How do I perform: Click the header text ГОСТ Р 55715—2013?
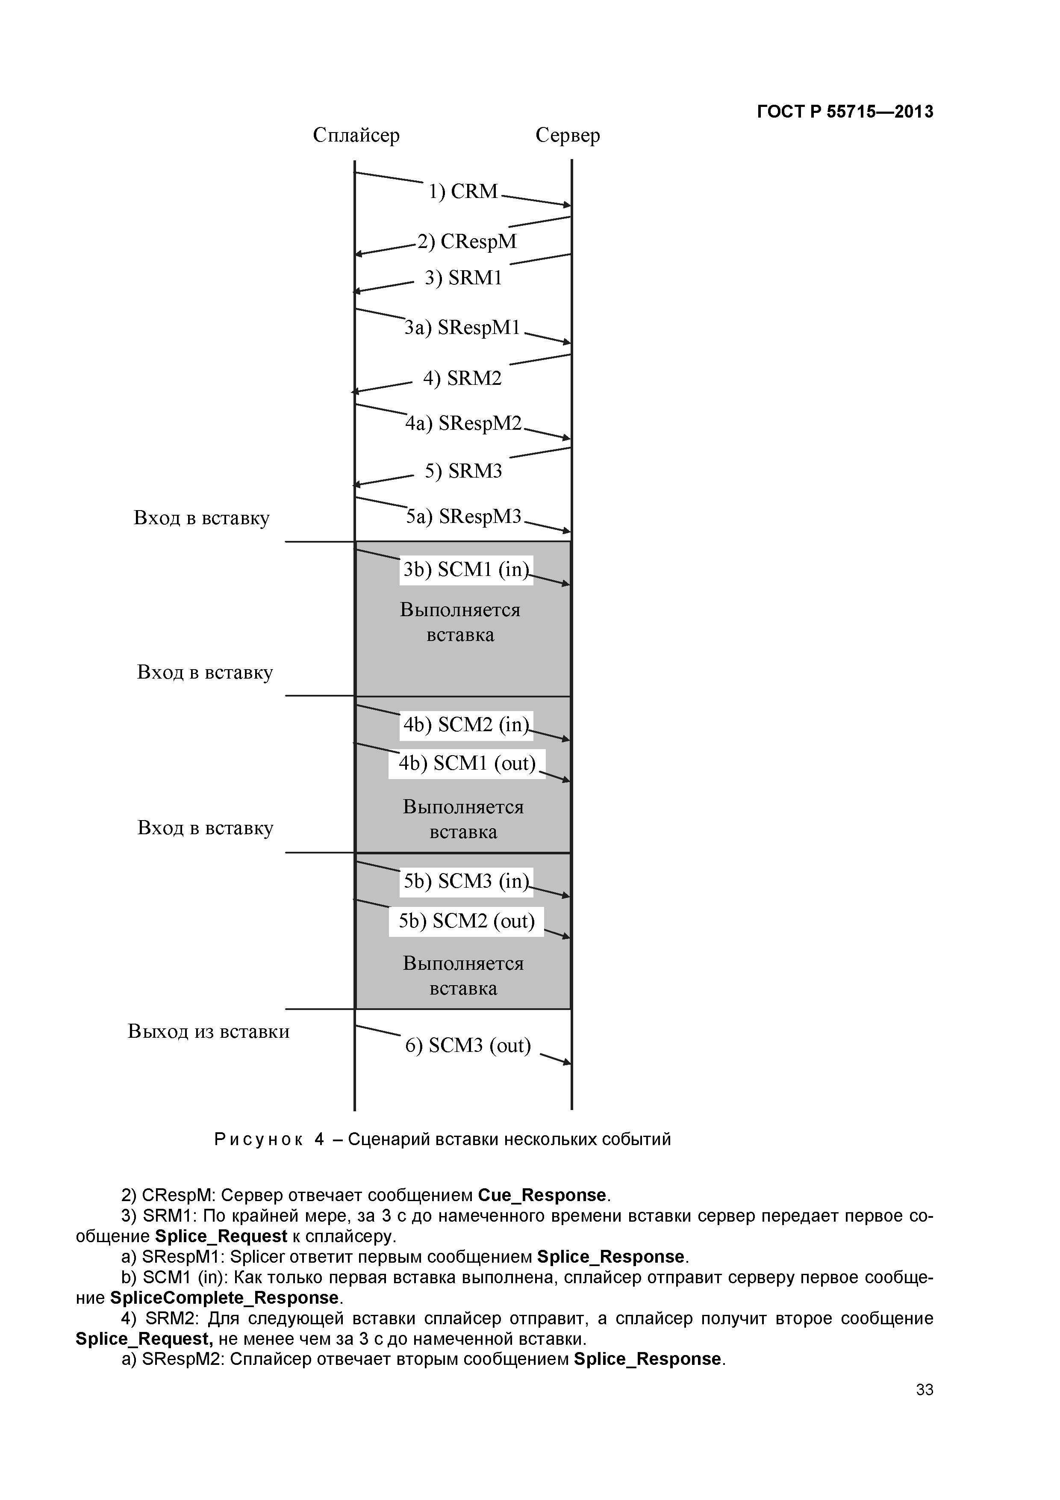[x=845, y=112]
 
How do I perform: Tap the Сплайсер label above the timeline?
[x=356, y=135]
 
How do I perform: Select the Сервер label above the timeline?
[x=567, y=135]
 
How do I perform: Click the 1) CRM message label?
[x=463, y=192]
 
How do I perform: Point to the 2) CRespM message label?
[x=467, y=242]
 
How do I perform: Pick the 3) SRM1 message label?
[x=463, y=278]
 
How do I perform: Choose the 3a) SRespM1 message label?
[x=462, y=327]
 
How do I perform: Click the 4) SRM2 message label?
[x=462, y=378]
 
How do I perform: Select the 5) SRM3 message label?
[x=463, y=471]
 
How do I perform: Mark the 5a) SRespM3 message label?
[x=463, y=517]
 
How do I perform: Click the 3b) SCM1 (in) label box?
[x=465, y=570]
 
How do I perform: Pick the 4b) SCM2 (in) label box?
[x=465, y=724]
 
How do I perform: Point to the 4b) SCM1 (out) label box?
[x=466, y=763]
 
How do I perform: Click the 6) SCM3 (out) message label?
[x=468, y=1045]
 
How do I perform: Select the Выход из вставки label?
[x=208, y=1032]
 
